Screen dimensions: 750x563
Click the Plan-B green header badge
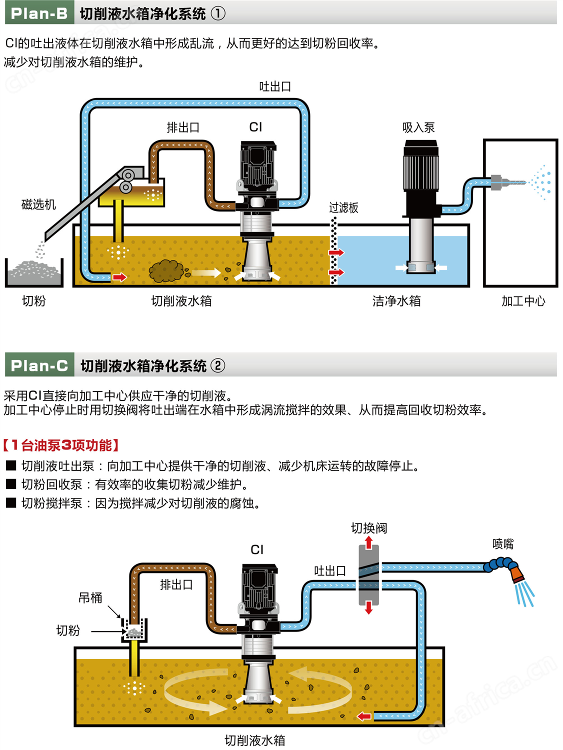[x=39, y=13]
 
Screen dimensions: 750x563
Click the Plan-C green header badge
[x=39, y=365]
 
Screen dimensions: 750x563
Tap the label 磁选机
[x=38, y=204]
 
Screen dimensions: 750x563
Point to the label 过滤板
[x=343, y=208]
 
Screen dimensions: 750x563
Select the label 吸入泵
[x=418, y=128]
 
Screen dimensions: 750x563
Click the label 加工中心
[x=523, y=301]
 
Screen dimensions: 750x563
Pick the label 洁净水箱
[x=396, y=301]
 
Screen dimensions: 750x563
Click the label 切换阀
[x=369, y=528]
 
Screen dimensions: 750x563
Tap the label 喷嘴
[x=502, y=544]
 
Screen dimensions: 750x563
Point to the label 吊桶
[x=90, y=598]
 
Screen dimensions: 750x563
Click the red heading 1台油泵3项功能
[x=61, y=445]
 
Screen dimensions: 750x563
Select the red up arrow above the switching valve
[x=369, y=543]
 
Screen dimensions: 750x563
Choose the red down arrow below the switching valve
[x=369, y=607]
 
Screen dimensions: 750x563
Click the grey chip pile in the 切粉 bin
[x=34, y=271]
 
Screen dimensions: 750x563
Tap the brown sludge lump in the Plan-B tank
[x=166, y=271]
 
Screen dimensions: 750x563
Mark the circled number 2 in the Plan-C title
[x=218, y=366]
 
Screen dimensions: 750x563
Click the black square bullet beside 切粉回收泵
[x=11, y=484]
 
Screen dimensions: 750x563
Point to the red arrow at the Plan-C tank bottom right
[x=364, y=716]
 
